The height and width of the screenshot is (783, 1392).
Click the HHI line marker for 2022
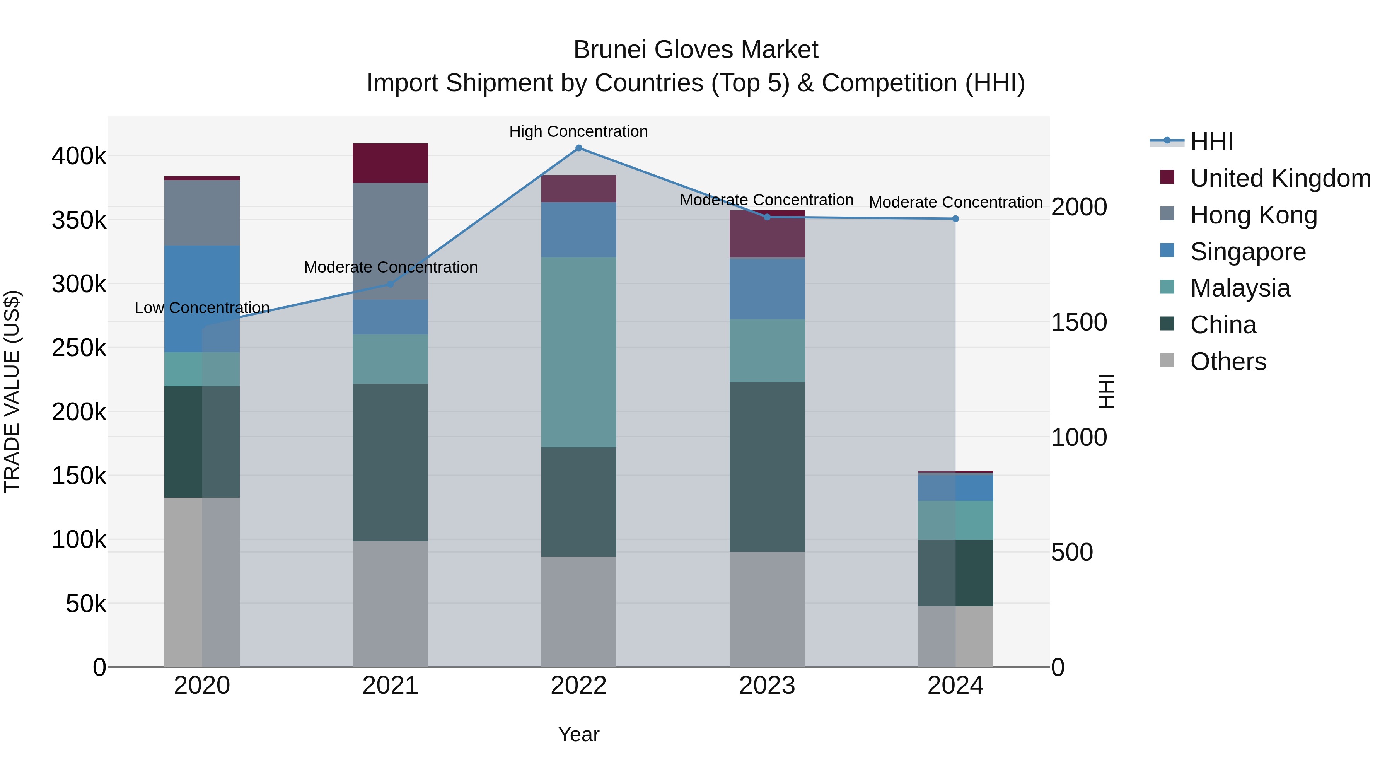pos(578,148)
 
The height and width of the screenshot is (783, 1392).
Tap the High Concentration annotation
pos(578,132)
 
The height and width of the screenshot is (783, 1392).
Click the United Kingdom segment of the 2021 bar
pos(390,163)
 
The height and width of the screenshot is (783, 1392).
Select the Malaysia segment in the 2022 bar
pos(578,352)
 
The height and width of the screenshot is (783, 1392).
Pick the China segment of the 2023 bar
pos(767,466)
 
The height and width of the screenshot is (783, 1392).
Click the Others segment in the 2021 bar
pos(390,604)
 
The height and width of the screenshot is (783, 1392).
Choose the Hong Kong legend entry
pos(1253,215)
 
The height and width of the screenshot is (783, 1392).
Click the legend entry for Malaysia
pos(1240,288)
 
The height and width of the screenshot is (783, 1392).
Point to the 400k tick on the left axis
pos(79,157)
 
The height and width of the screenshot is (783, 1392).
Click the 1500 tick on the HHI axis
pos(1078,322)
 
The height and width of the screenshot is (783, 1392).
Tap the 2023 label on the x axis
pos(767,686)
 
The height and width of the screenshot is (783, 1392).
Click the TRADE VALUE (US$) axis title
pos(12,391)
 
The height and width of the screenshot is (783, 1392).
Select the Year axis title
pos(578,734)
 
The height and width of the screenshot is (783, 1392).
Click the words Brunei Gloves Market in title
pos(696,50)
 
